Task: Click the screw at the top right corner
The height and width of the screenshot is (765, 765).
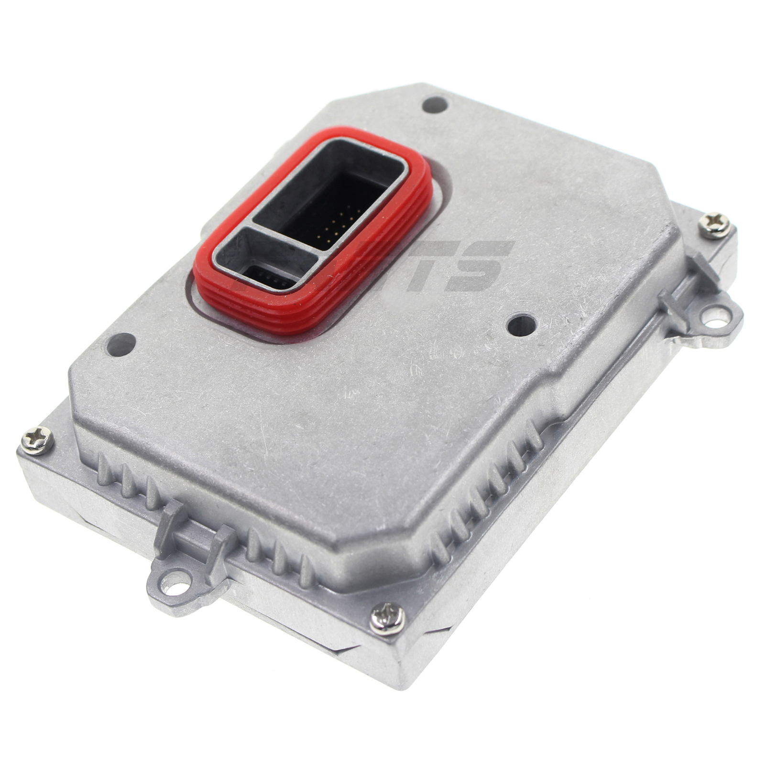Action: click(714, 226)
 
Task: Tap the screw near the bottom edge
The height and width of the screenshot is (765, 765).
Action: click(387, 619)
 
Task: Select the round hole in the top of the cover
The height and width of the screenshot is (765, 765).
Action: click(435, 104)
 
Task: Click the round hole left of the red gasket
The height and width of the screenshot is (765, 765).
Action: click(121, 344)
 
